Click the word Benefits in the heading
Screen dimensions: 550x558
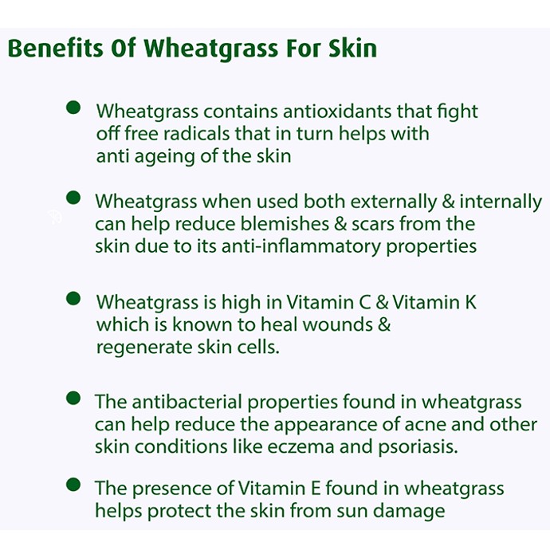(56, 48)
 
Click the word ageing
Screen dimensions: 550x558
(165, 156)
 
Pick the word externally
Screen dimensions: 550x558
(394, 202)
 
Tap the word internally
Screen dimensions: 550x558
(501, 202)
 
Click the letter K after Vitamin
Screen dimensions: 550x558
(470, 302)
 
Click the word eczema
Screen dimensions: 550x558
(301, 447)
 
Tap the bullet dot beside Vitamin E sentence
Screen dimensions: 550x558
(73, 485)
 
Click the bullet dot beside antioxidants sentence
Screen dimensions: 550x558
(73, 108)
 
